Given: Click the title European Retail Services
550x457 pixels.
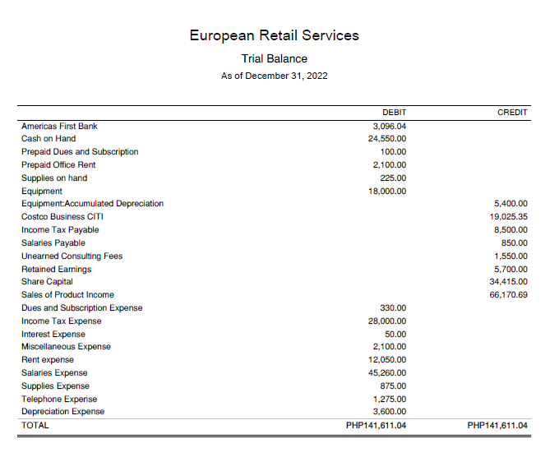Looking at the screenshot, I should pyautogui.click(x=274, y=35).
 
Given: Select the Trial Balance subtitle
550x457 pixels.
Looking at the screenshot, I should pyautogui.click(x=274, y=59).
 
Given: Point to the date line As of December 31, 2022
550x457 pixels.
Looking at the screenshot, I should pyautogui.click(x=274, y=76).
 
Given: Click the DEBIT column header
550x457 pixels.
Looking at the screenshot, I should pyautogui.click(x=394, y=113).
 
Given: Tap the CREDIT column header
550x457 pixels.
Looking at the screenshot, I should pyautogui.click(x=512, y=113).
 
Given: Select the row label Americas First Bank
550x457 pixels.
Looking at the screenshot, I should pyautogui.click(x=59, y=126).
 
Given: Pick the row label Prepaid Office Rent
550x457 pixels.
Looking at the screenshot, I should pyautogui.click(x=58, y=165).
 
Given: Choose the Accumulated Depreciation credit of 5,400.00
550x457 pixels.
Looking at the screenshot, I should pyautogui.click(x=511, y=204).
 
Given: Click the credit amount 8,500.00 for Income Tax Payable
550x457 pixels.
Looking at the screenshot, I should pyautogui.click(x=511, y=230).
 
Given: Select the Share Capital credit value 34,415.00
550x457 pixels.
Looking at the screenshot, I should pyautogui.click(x=508, y=282).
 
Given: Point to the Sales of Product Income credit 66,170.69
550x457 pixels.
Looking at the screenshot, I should pyautogui.click(x=508, y=295).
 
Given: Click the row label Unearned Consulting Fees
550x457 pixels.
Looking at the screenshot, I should pyautogui.click(x=72, y=256).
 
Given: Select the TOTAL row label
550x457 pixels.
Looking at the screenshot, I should pyautogui.click(x=35, y=426).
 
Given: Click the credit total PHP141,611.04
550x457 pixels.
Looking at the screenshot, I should pyautogui.click(x=497, y=426).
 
